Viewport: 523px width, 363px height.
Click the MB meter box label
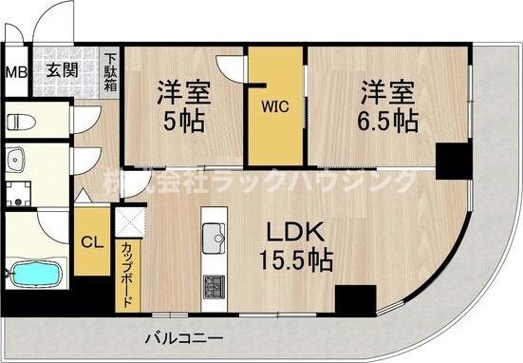[15, 71]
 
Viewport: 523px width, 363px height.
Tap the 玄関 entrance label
[63, 69]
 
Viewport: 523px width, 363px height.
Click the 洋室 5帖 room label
[182, 107]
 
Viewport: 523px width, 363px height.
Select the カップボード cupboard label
[127, 274]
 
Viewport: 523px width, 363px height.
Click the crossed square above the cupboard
[127, 223]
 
